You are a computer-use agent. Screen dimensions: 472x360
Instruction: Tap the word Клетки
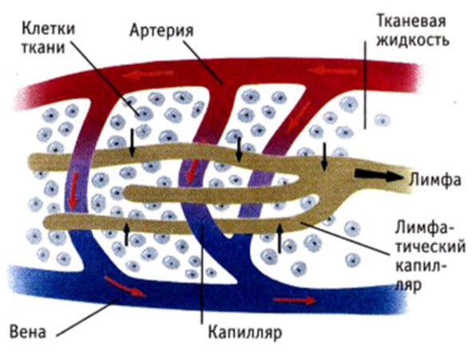point(49,30)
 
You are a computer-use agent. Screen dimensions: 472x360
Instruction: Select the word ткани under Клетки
point(43,48)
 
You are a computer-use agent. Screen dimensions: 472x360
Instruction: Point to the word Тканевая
point(411,22)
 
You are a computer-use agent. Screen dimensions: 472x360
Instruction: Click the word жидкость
point(413,40)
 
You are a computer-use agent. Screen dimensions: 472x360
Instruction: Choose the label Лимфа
point(435,180)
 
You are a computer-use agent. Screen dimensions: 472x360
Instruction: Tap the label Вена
point(28,332)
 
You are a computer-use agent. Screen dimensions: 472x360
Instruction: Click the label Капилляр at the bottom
point(245,333)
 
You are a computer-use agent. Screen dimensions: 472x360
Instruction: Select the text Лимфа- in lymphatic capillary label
point(425,227)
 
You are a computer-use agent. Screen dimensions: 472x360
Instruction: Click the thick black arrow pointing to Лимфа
point(379,176)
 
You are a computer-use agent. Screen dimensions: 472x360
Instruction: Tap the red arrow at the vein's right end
point(295,300)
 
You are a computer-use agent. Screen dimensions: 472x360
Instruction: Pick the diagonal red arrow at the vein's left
point(125,287)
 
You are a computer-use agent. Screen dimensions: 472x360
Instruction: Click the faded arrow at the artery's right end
point(331,71)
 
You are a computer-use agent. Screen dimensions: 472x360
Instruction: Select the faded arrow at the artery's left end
point(148,73)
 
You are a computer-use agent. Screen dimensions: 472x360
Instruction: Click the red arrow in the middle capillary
point(192,171)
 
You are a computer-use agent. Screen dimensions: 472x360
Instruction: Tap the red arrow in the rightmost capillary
point(299,117)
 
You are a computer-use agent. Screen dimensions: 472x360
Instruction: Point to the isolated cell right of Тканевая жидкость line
point(383,121)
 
